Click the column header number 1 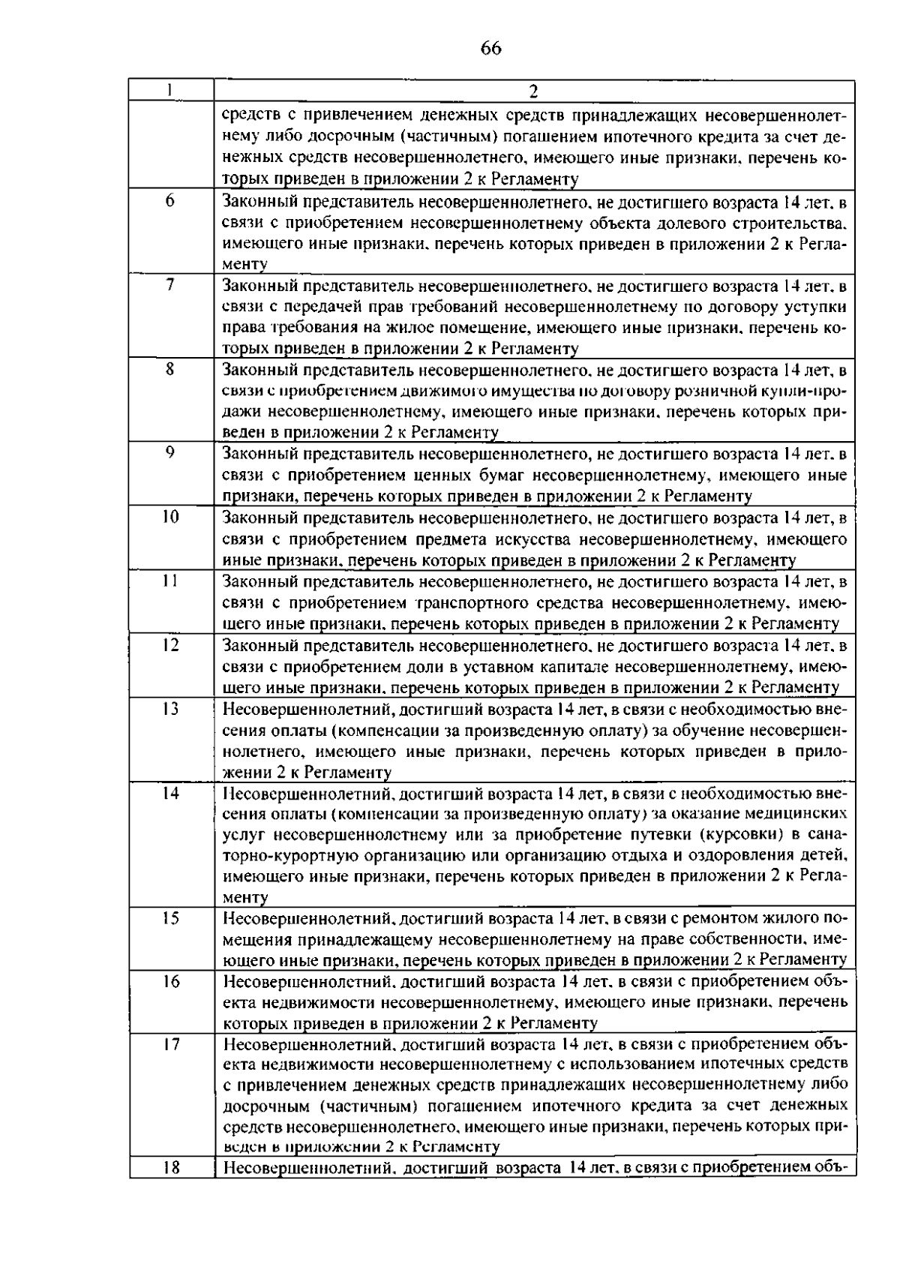[171, 89]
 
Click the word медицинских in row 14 [793, 814]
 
